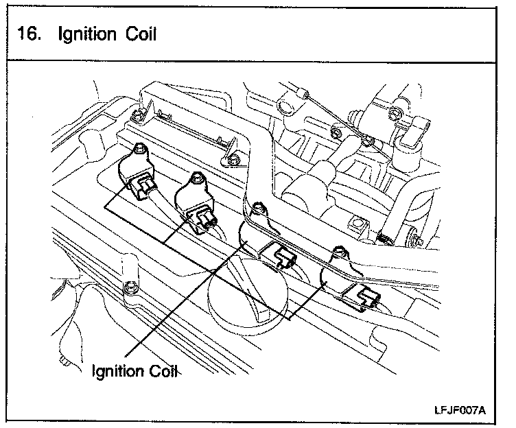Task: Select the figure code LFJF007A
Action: [x=459, y=410]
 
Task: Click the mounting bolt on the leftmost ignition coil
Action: [x=141, y=148]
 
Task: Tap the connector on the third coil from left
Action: [x=283, y=256]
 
